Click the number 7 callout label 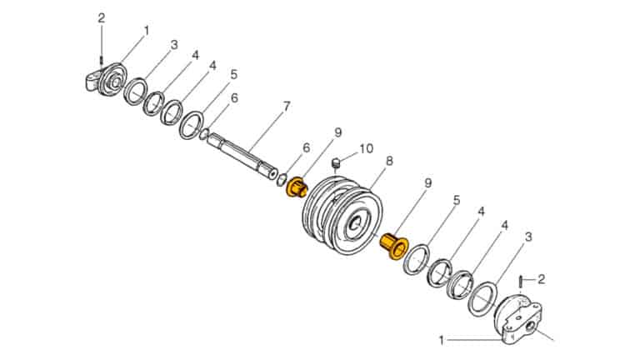point(286,106)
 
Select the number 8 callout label point(389,159)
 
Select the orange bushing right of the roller point(392,246)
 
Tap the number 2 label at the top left point(102,17)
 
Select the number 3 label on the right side point(527,237)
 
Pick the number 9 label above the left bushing point(338,132)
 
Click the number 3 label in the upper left point(174,44)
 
